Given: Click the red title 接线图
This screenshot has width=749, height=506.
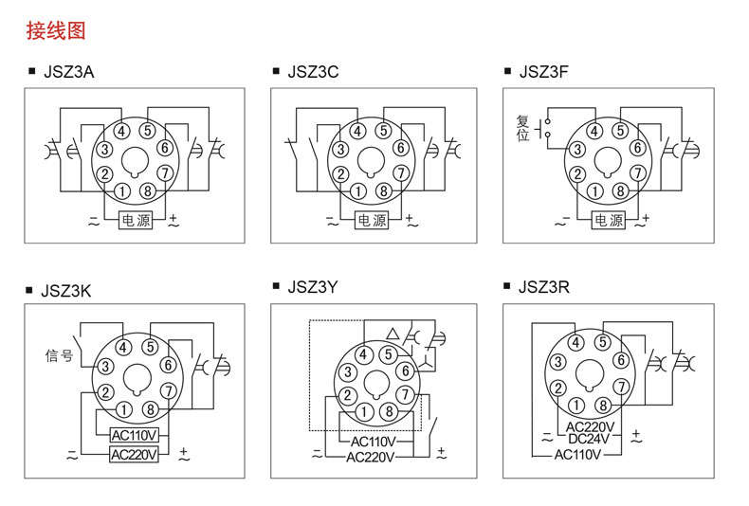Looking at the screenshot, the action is tap(56, 30).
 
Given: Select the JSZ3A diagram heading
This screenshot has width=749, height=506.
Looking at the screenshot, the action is tap(69, 72).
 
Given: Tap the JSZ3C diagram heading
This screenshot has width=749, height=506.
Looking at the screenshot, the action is tap(313, 72).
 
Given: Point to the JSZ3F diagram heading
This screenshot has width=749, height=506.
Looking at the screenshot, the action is tap(543, 72).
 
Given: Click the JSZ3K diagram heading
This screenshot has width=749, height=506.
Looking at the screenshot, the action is tap(66, 291).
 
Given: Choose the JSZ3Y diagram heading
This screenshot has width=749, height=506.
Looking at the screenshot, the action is tap(313, 287).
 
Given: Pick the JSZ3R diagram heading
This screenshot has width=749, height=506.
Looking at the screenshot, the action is tap(543, 287).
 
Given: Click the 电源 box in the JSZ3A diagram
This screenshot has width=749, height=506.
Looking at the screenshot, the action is tap(136, 220).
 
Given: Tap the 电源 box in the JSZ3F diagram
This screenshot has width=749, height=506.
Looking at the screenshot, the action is tap(608, 220).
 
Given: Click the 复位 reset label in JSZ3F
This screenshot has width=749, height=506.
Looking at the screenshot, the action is tap(522, 128).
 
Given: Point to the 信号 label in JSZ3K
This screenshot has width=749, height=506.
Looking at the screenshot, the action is tap(59, 355).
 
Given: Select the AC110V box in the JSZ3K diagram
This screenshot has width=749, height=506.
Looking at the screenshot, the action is tap(134, 435).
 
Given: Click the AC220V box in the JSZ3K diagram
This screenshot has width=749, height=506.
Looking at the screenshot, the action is tap(134, 455).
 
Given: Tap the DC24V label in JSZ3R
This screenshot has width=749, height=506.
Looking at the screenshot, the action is tap(589, 439).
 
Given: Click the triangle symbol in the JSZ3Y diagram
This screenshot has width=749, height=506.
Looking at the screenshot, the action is tap(393, 334).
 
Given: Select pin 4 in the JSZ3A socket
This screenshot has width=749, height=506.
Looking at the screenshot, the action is tap(121, 131).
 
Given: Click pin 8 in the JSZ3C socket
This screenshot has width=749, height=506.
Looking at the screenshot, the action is tap(384, 191).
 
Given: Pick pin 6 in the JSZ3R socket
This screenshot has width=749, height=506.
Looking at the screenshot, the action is tap(621, 360).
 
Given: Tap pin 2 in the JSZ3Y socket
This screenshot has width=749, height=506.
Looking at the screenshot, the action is tap(347, 395).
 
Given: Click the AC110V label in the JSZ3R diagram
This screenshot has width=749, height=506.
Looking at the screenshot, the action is tap(577, 455).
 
